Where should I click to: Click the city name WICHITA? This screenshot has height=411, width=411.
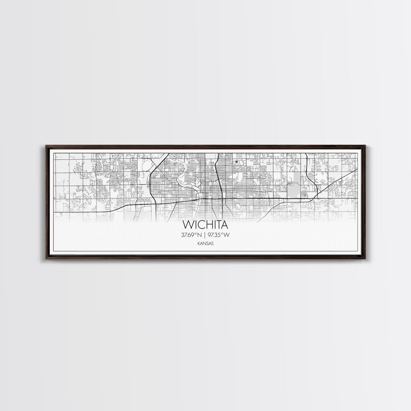click(x=205, y=225)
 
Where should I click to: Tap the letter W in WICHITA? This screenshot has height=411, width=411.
click(x=187, y=225)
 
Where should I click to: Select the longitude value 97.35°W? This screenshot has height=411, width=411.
click(x=219, y=235)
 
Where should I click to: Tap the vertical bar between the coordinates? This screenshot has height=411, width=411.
click(x=205, y=235)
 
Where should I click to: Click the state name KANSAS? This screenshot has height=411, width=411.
click(x=205, y=243)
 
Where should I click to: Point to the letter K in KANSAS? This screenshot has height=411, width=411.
click(x=200, y=243)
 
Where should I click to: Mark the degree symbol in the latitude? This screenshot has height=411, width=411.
click(x=195, y=233)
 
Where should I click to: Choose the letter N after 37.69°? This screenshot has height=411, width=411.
click(x=199, y=235)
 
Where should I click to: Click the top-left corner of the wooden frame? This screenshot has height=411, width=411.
click(x=46, y=146)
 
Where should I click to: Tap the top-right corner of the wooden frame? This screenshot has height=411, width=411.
click(x=365, y=146)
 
